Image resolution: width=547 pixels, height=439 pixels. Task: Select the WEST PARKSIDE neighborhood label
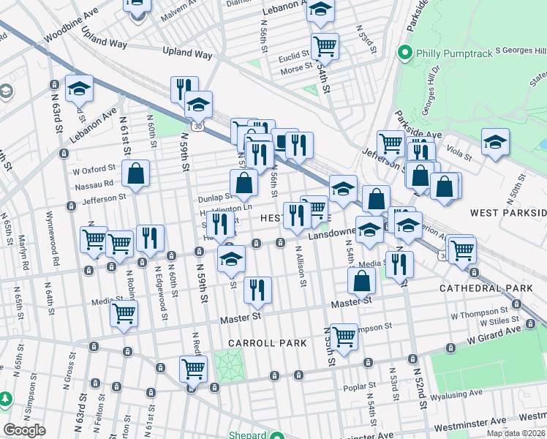coord(508,213)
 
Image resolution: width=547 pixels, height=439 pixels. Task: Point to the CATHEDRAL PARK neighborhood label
coord(486,288)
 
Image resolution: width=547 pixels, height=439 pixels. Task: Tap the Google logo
coord(24,430)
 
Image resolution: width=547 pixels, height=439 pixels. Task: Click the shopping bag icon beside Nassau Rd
coord(135,175)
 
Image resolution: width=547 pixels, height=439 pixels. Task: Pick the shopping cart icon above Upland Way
coord(325,47)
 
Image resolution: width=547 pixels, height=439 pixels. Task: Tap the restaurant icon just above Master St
coord(257,290)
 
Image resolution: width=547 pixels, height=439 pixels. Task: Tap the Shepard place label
coord(249,435)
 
